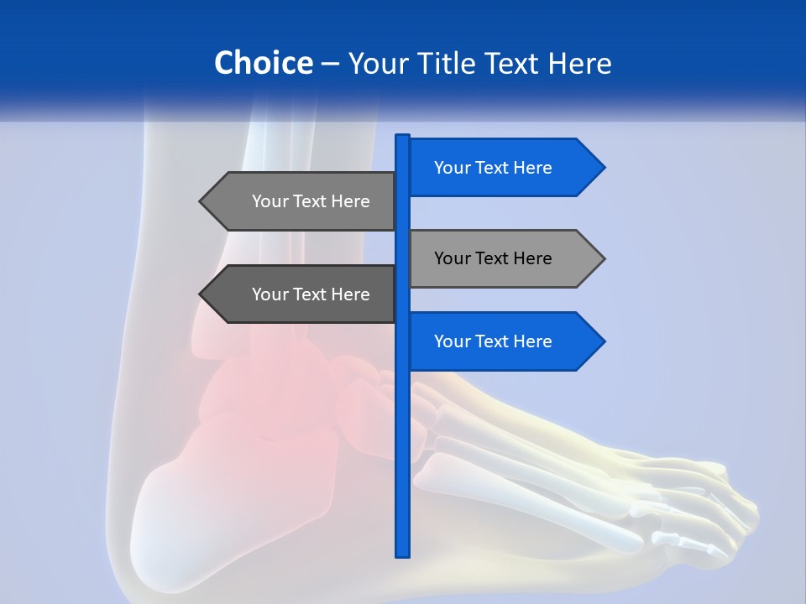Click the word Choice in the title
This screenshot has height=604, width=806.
pyautogui.click(x=263, y=63)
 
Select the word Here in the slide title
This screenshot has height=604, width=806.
pyautogui.click(x=579, y=64)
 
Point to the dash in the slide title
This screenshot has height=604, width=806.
pyautogui.click(x=330, y=64)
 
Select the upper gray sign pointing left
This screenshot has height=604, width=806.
pyautogui.click(x=302, y=201)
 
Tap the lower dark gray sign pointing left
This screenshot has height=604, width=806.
pyautogui.click(x=302, y=294)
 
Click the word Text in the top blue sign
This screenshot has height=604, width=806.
pyautogui.click(x=493, y=168)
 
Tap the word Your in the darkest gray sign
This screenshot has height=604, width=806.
pyautogui.click(x=270, y=294)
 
